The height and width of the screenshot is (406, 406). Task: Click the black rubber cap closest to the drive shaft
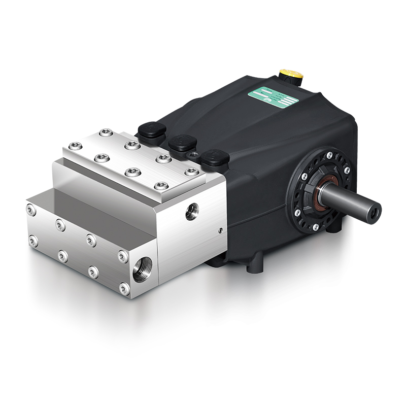214,157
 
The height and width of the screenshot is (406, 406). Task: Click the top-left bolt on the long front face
32,208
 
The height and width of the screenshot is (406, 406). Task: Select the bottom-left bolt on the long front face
32,240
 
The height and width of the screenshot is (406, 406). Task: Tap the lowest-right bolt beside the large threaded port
123,288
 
